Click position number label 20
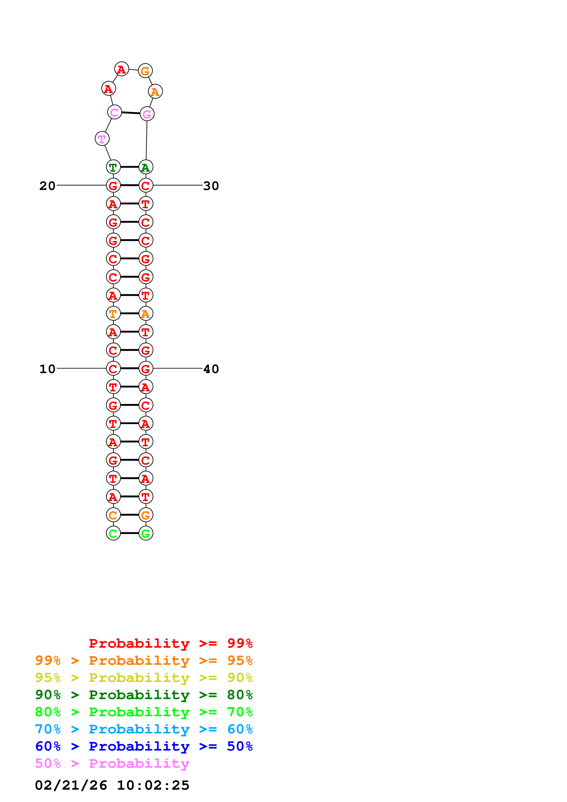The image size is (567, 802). click(47, 186)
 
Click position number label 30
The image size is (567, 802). click(211, 186)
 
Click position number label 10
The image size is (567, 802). click(47, 369)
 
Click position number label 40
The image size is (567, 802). click(211, 369)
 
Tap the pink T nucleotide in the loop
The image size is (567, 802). click(102, 139)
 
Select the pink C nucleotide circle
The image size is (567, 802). click(114, 112)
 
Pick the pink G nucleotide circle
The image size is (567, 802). click(147, 114)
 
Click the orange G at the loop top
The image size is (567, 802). click(145, 71)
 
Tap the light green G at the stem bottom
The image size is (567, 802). click(146, 533)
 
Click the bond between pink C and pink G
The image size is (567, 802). click(131, 113)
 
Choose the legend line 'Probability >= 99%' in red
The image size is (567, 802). click(170, 643)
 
